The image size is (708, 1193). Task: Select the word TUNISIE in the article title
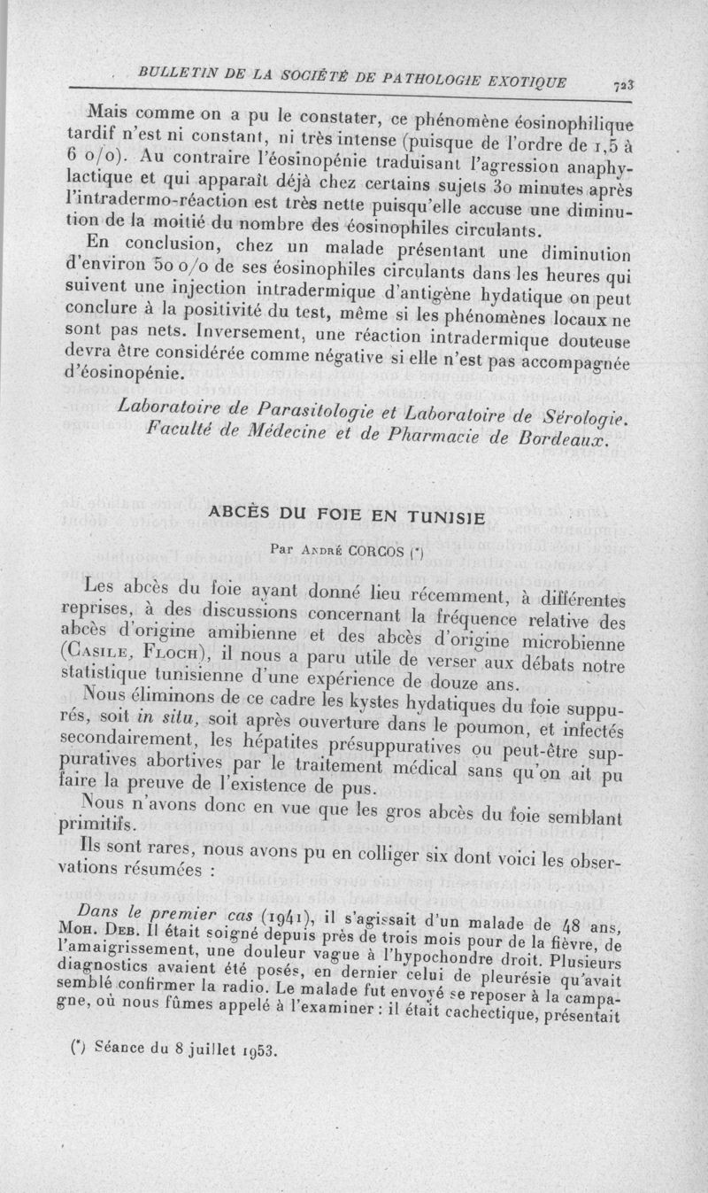pyautogui.click(x=447, y=517)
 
